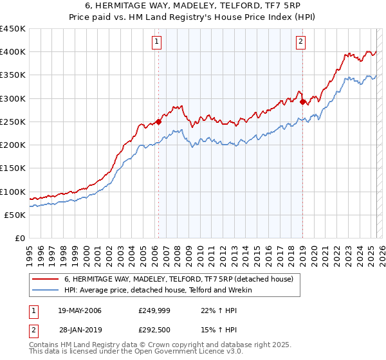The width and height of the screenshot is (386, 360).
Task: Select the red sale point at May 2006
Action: click(x=158, y=122)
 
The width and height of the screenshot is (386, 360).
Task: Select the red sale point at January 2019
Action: click(x=302, y=101)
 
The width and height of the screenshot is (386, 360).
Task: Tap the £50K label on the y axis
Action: click(x=15, y=215)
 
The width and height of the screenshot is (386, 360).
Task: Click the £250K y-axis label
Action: click(x=13, y=122)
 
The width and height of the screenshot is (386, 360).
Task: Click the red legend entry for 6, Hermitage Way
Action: click(x=179, y=279)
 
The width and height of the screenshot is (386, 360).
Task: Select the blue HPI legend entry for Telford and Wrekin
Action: click(x=158, y=291)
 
